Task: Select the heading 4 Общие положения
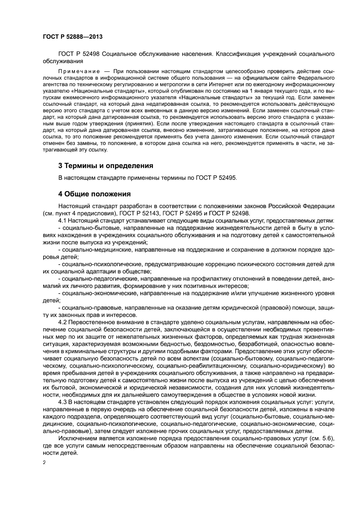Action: coord(94,193)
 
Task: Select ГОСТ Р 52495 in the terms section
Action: coord(215,178)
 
